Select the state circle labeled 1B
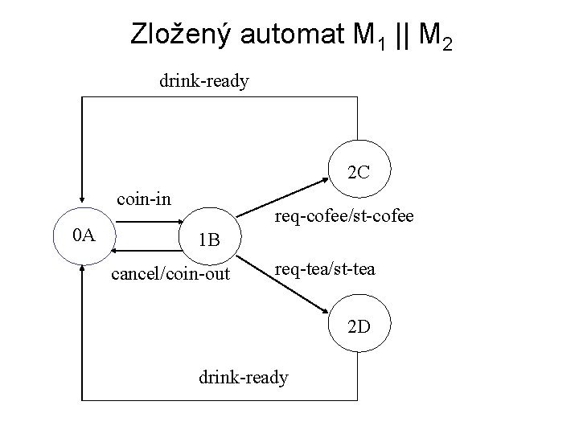[209, 240]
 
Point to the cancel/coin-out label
[170, 275]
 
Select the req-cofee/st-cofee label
[344, 215]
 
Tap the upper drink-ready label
[204, 80]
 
